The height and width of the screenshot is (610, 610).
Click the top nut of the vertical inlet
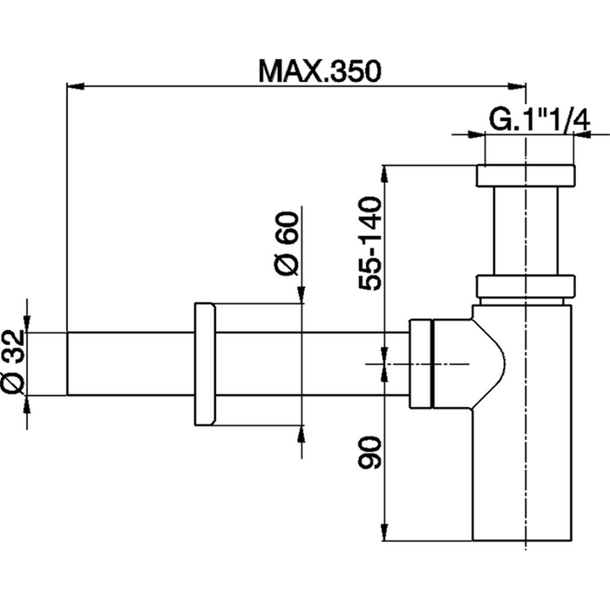pos(525,174)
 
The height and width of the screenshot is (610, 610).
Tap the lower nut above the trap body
pos(525,287)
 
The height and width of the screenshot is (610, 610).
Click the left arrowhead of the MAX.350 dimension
pos(75,85)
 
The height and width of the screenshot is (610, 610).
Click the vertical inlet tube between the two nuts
pos(525,230)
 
